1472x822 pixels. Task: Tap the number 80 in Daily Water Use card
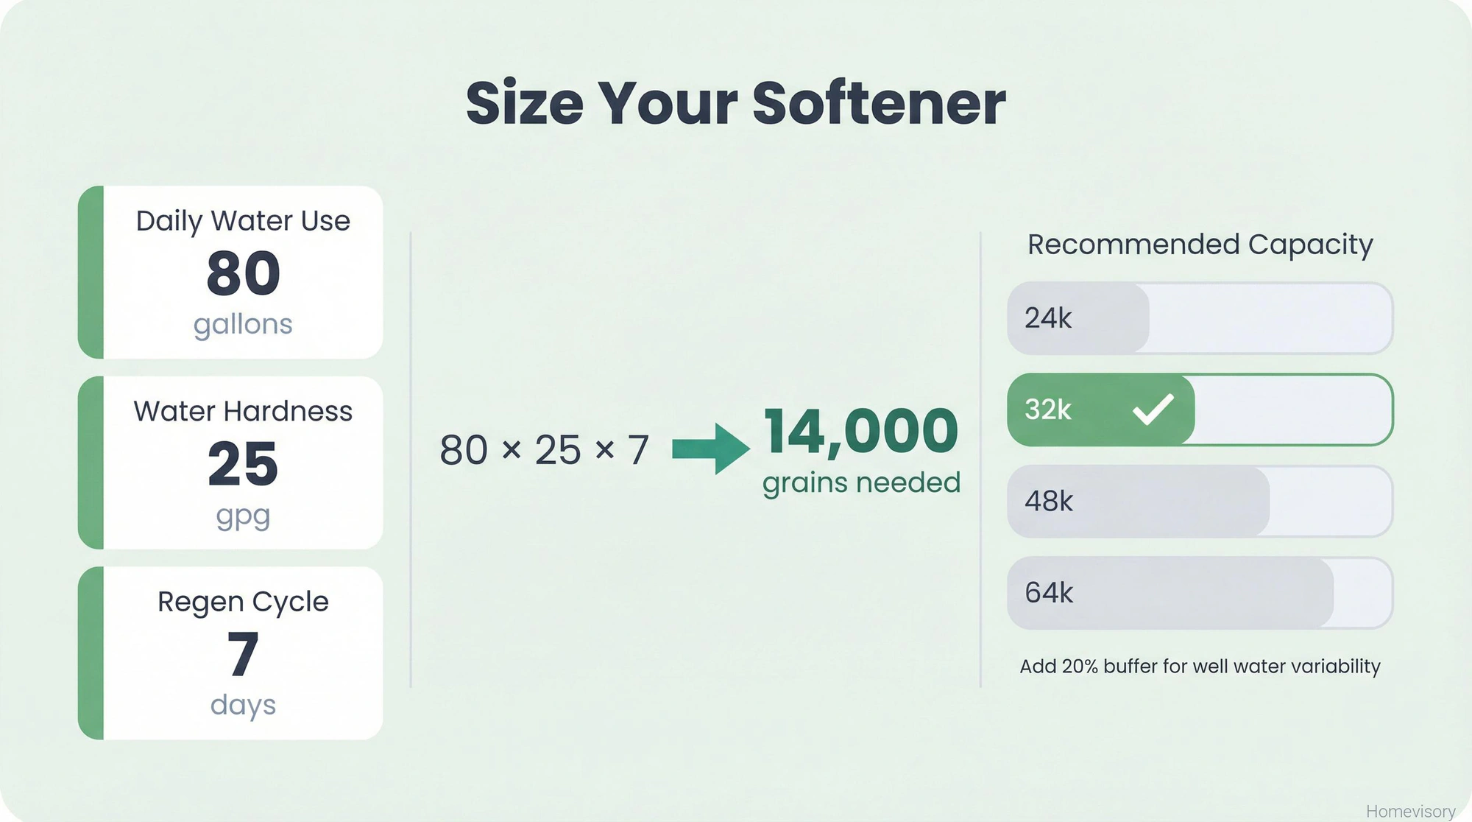tap(244, 274)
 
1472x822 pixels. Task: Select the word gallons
tap(243, 324)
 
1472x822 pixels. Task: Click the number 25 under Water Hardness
tap(243, 464)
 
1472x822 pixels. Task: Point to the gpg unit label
tap(243, 516)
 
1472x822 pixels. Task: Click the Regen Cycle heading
tap(243, 602)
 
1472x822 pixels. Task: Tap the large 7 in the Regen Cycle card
tap(243, 654)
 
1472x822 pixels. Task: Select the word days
tap(243, 705)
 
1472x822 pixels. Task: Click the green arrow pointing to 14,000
tap(710, 449)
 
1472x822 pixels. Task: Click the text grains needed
tap(861, 483)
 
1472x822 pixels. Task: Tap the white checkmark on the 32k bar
tap(1153, 410)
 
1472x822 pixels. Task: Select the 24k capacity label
tap(1048, 318)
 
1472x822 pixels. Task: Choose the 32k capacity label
tap(1048, 410)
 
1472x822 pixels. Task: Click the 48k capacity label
tap(1049, 502)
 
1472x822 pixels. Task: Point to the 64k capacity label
tap(1049, 593)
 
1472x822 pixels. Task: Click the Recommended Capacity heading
tap(1200, 245)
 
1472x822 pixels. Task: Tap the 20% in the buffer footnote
tap(1080, 667)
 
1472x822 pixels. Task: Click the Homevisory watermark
tap(1410, 811)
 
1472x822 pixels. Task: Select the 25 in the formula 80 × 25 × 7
tap(558, 450)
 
